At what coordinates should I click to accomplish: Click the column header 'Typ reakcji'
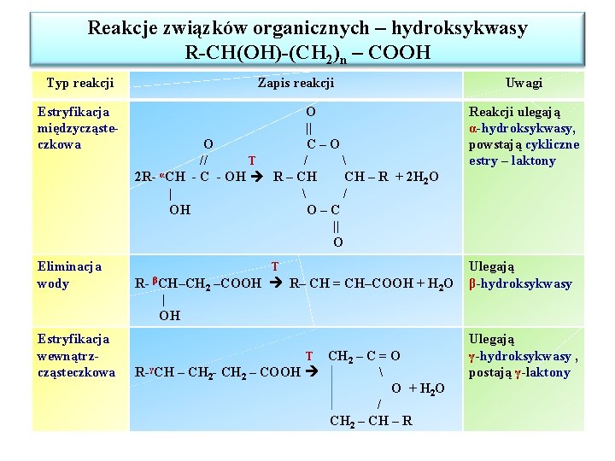[x=80, y=83]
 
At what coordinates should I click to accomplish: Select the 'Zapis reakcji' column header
[x=296, y=83]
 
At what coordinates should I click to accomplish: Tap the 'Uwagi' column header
[x=524, y=83]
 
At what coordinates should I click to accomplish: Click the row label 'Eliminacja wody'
[x=69, y=275]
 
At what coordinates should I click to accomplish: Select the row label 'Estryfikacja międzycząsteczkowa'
[x=74, y=127]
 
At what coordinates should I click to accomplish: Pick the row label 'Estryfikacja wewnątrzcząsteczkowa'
[x=75, y=356]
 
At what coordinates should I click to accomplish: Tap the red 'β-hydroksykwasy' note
[x=520, y=283]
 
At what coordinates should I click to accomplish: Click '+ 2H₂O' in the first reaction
[x=418, y=177]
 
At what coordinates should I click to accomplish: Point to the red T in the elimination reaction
[x=274, y=267]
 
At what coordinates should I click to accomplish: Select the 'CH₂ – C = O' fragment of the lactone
[x=364, y=356]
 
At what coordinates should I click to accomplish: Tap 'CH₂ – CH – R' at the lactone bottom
[x=371, y=420]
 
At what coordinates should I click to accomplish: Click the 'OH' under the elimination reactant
[x=169, y=316]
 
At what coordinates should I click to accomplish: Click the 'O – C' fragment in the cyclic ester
[x=324, y=210]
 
